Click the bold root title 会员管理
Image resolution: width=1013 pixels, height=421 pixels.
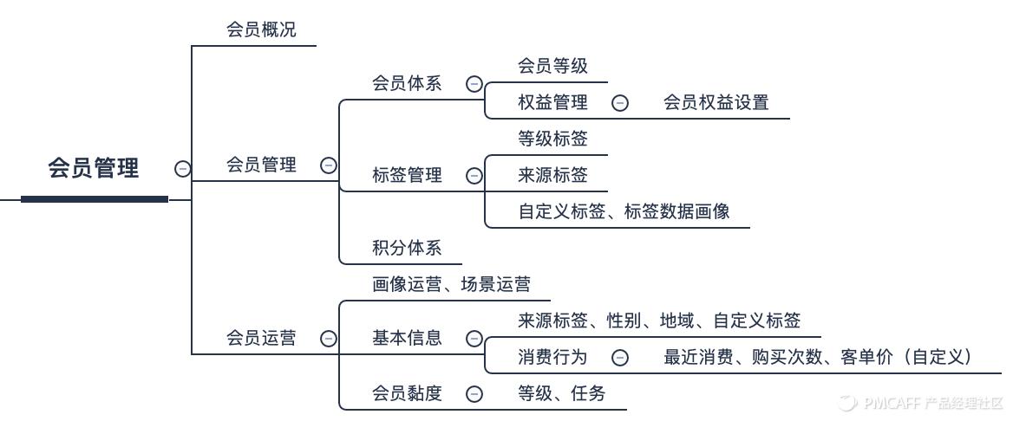tap(94, 168)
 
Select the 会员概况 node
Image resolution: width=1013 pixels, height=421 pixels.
tap(261, 29)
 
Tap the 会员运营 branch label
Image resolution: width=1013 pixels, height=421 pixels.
tap(261, 338)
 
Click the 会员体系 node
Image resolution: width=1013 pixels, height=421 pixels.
tap(407, 83)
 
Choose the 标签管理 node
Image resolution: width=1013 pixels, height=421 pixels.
tap(407, 175)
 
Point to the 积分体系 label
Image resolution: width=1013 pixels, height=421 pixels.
tap(407, 249)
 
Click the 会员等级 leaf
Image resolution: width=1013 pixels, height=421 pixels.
tap(552, 65)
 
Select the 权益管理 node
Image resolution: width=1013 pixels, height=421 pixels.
tap(552, 102)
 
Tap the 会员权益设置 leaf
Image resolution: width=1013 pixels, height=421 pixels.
tap(716, 102)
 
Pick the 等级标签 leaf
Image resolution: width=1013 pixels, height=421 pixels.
tap(552, 139)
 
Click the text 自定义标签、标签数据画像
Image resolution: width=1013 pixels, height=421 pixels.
tap(624, 211)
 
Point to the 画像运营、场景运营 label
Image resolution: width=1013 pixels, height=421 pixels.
tap(451, 284)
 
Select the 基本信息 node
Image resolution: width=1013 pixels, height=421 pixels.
tap(407, 338)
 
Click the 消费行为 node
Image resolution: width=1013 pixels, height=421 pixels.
tap(552, 357)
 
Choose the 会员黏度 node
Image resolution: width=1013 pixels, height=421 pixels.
tap(407, 393)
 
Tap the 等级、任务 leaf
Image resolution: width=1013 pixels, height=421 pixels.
tap(561, 393)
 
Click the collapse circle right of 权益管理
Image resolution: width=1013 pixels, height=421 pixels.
tap(620, 103)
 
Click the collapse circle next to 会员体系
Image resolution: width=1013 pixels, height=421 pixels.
tap(474, 84)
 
